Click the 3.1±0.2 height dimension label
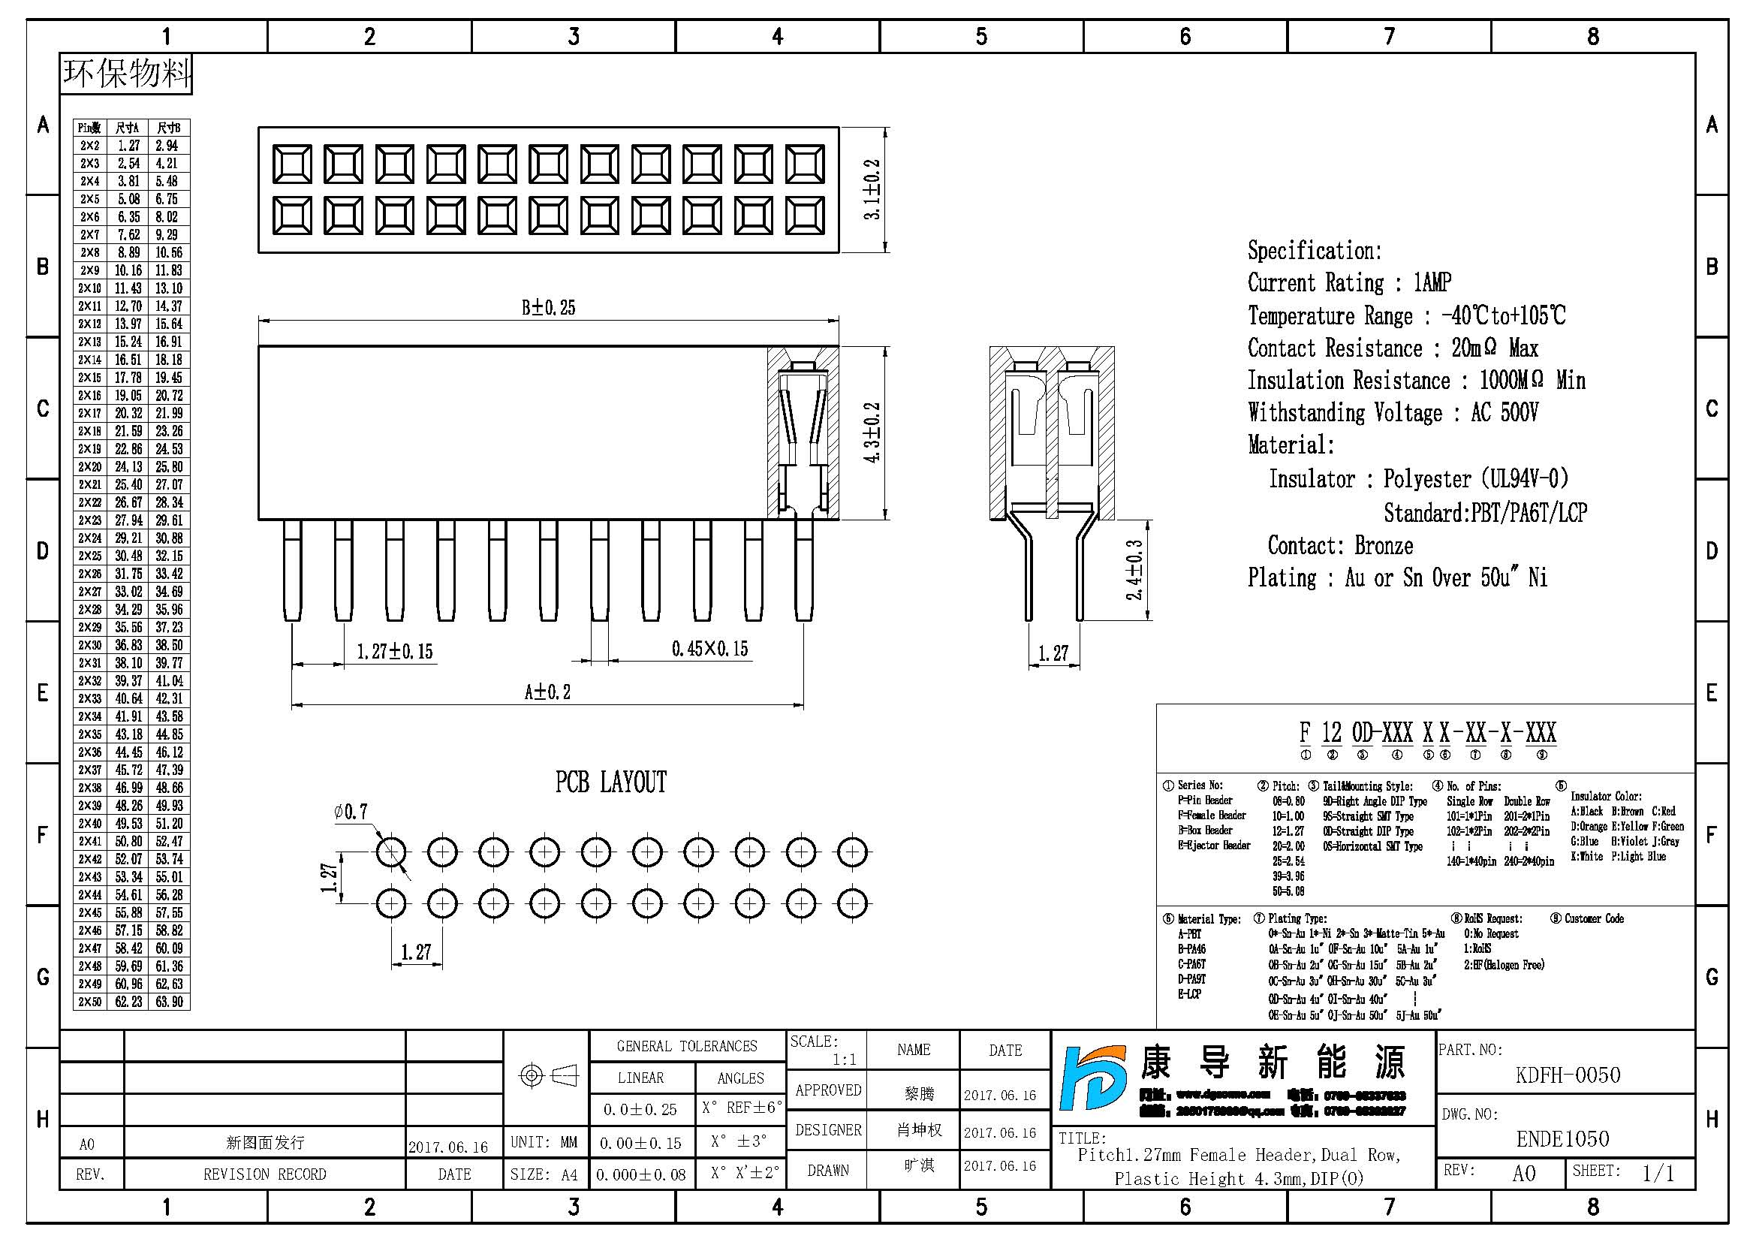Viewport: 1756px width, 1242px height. coord(872,190)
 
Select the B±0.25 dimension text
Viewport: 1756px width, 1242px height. coord(548,307)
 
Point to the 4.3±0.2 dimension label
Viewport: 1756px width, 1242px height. coord(872,432)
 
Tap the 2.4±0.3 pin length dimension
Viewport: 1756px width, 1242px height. coord(1135,570)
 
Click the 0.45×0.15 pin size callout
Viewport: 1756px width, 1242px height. coord(709,650)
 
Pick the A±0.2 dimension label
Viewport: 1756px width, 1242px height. coord(547,692)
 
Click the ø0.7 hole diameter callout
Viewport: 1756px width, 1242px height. coord(351,812)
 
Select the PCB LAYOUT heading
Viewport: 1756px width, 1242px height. coord(610,782)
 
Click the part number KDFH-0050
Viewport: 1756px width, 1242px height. coord(1568,1075)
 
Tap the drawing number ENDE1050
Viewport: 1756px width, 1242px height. coord(1562,1140)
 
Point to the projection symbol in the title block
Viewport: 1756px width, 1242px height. coord(547,1076)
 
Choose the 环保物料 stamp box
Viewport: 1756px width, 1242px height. coord(126,74)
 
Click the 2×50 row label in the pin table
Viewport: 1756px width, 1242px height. coord(89,1002)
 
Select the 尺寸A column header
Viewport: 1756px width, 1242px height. coord(127,128)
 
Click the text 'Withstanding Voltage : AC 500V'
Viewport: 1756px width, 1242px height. coord(1393,413)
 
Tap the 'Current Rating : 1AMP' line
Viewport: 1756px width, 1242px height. coord(1349,283)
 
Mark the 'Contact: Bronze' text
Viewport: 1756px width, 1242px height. coord(1340,546)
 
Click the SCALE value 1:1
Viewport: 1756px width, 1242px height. coord(845,1060)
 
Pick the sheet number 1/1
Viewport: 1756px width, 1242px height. coord(1658,1173)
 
